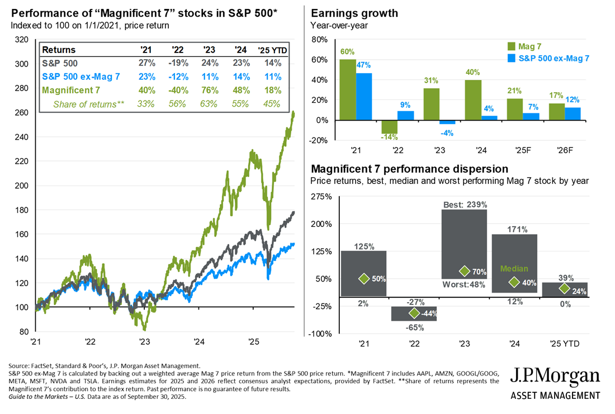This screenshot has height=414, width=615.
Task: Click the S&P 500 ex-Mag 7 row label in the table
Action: coord(82,77)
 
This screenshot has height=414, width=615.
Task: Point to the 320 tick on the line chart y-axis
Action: coord(23,40)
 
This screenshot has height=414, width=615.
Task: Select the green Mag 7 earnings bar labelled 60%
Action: coord(348,89)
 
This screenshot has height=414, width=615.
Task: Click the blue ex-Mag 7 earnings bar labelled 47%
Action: coord(363,96)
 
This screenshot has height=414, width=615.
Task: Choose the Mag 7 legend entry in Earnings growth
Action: coord(525,46)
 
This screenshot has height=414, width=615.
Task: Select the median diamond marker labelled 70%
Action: coord(463,271)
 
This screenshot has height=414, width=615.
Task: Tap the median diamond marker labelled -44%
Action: coord(414,313)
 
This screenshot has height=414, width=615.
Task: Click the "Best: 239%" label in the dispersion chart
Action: coord(463,204)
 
